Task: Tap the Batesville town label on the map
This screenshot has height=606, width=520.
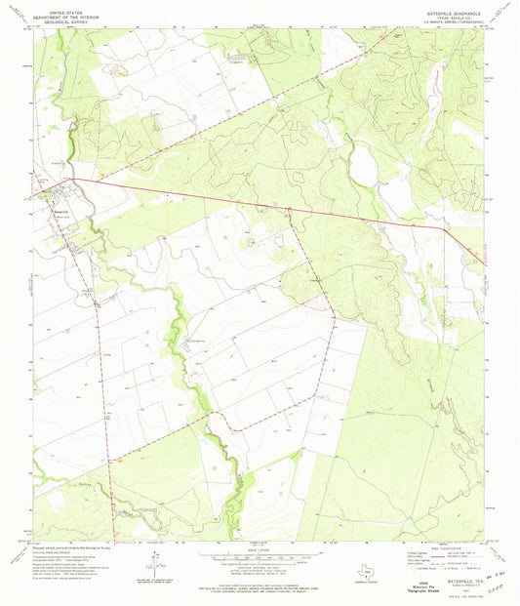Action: click(x=60, y=195)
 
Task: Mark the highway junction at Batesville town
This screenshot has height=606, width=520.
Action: click(x=71, y=180)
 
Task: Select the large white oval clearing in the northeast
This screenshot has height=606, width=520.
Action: click(x=364, y=167)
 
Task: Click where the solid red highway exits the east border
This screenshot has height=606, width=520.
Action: click(x=485, y=263)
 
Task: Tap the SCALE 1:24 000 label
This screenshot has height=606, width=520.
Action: click(x=259, y=547)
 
